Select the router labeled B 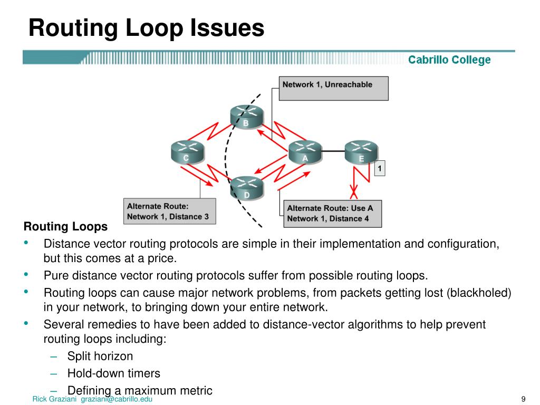[246, 117]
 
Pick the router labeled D [246, 188]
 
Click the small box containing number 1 [379, 169]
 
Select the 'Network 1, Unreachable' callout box [333, 88]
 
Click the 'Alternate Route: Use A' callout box [332, 213]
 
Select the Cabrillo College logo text [449, 60]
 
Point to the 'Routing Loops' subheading [65, 227]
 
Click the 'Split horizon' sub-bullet [100, 356]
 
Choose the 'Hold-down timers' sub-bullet [113, 373]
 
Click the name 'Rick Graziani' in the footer [55, 399]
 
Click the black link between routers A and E [333, 151]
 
